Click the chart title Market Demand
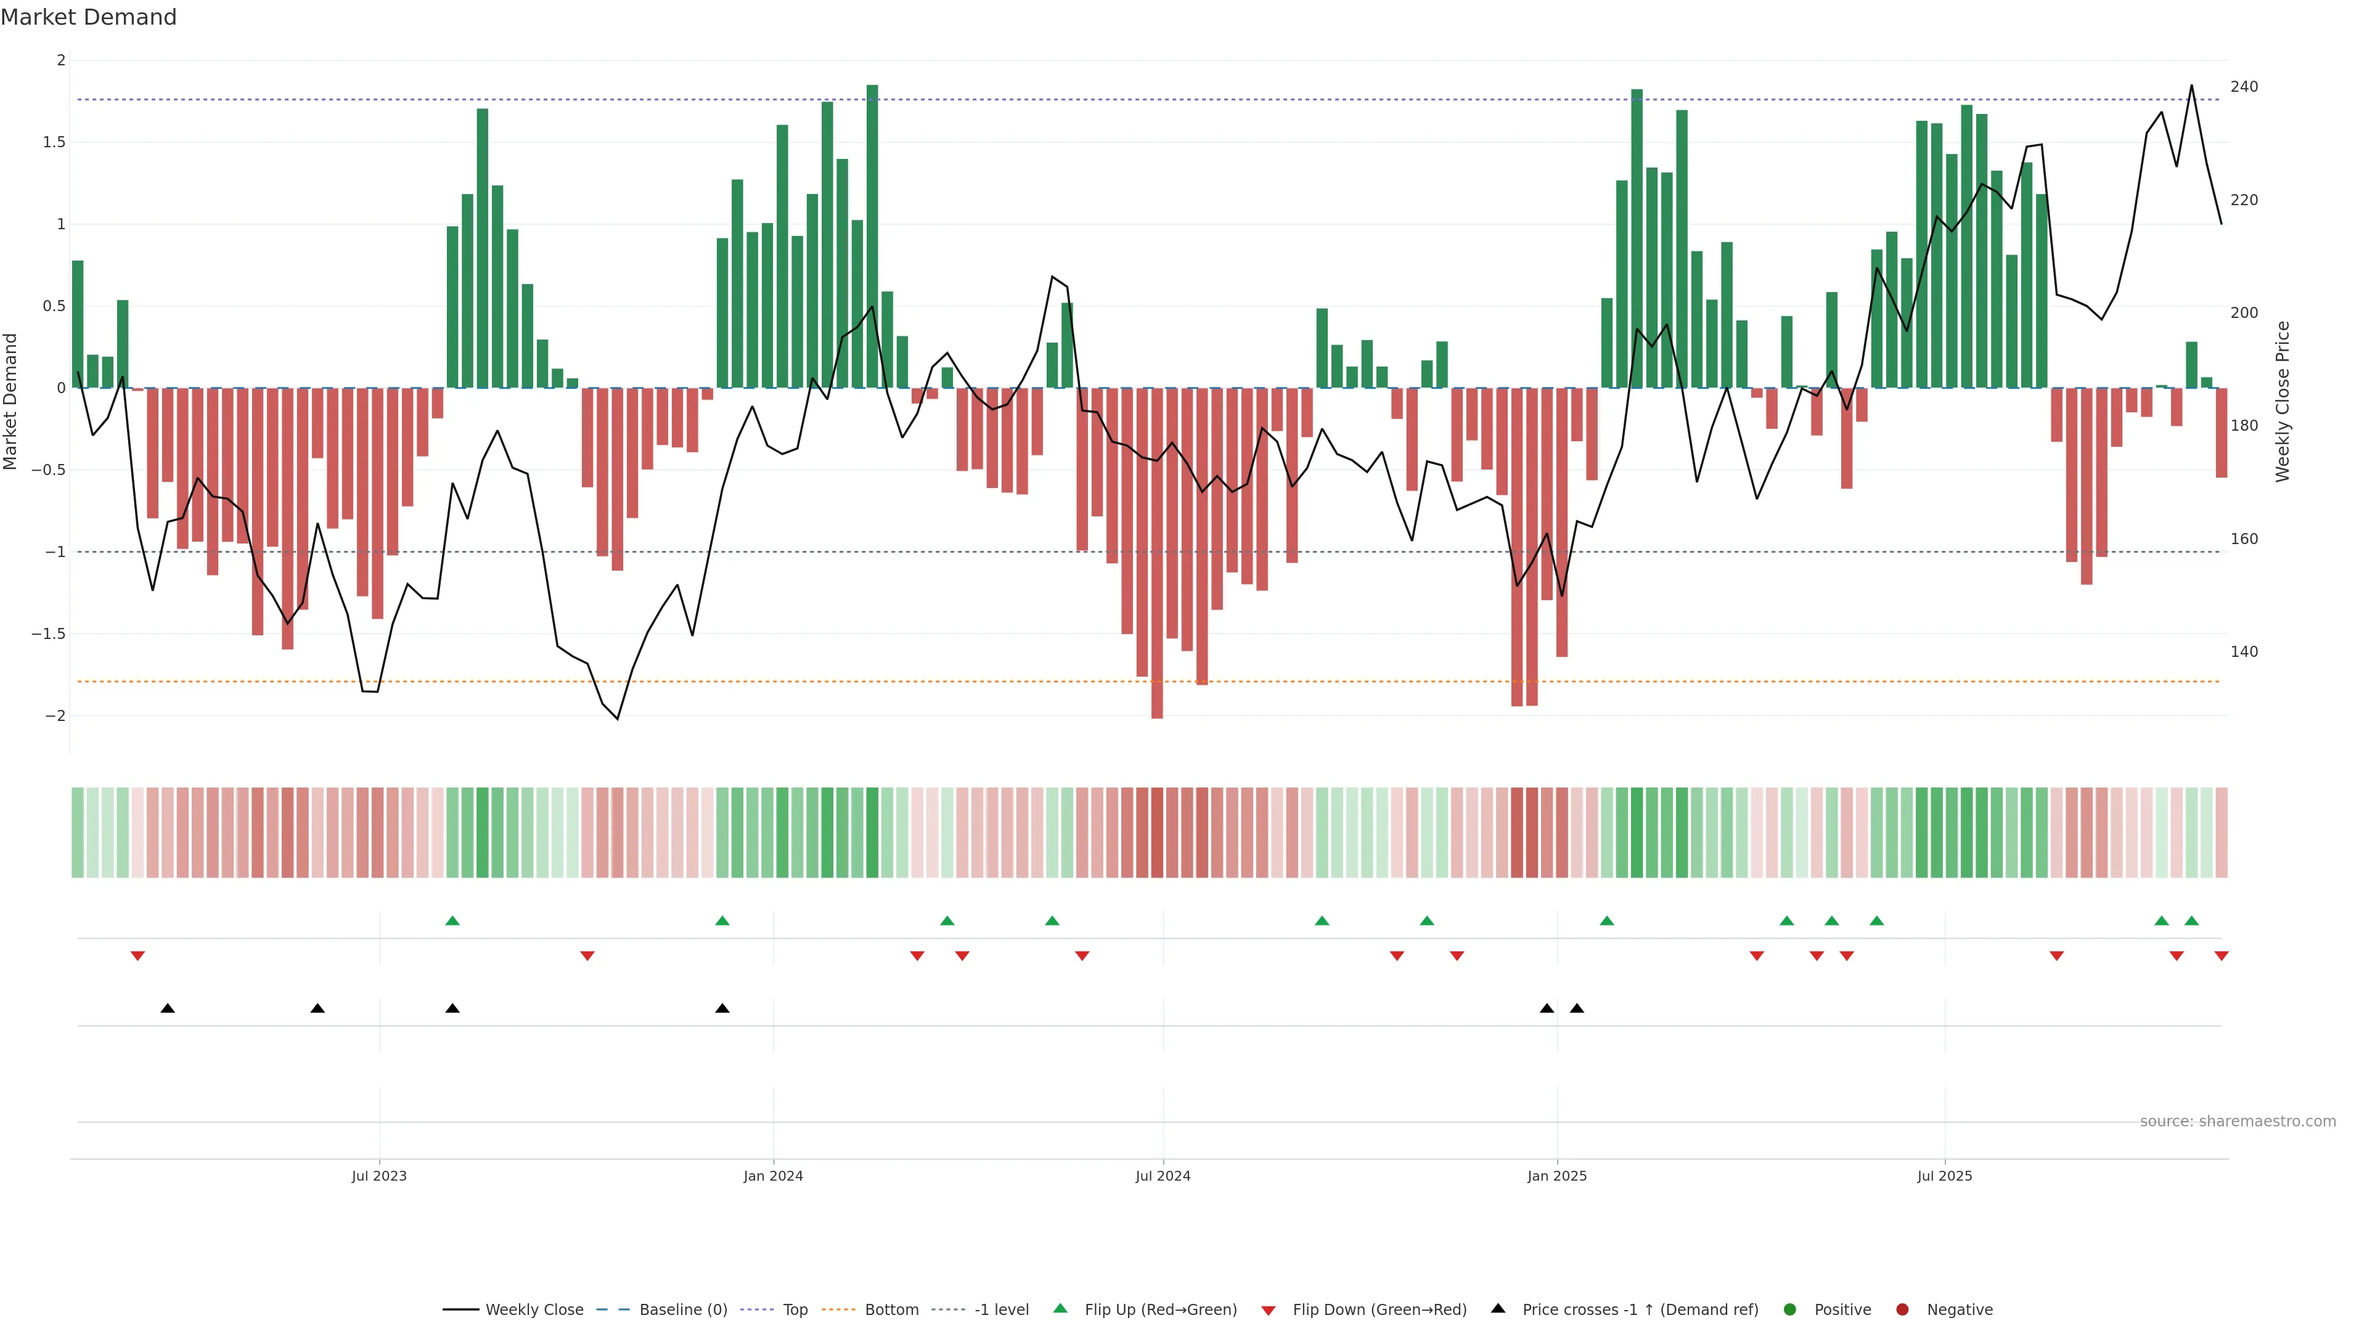click(x=88, y=17)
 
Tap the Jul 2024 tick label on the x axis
click(x=1163, y=1176)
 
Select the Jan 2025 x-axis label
click(x=1556, y=1176)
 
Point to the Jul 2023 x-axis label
click(x=378, y=1176)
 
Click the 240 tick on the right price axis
click(x=2244, y=86)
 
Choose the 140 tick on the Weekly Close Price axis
click(x=2244, y=652)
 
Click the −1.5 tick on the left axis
click(x=48, y=634)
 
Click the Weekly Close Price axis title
click(x=2283, y=401)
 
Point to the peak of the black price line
click(x=2191, y=86)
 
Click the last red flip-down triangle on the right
click(x=2222, y=956)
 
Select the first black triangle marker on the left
click(x=167, y=1009)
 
